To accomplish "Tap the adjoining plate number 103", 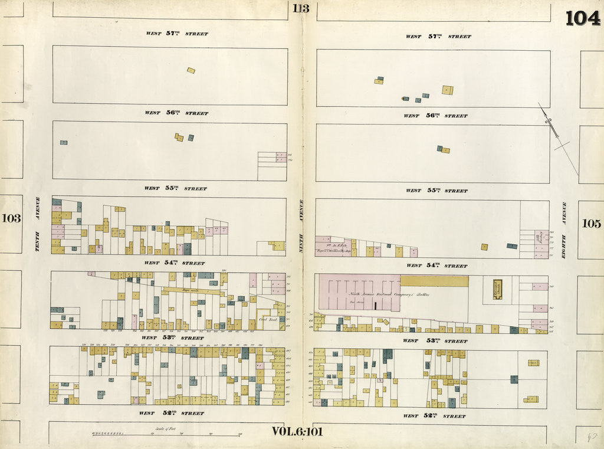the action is coord(11,218).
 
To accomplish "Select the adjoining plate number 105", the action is coord(591,224).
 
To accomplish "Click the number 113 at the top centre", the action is coord(300,8).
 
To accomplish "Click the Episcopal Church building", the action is coord(497,289).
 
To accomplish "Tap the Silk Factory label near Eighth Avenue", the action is coord(539,239).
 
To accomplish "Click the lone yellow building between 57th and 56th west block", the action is coord(191,70).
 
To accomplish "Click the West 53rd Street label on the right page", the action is coord(435,340).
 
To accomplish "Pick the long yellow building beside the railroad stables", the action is coord(434,281).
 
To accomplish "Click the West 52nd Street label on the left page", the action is coord(172,413).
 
